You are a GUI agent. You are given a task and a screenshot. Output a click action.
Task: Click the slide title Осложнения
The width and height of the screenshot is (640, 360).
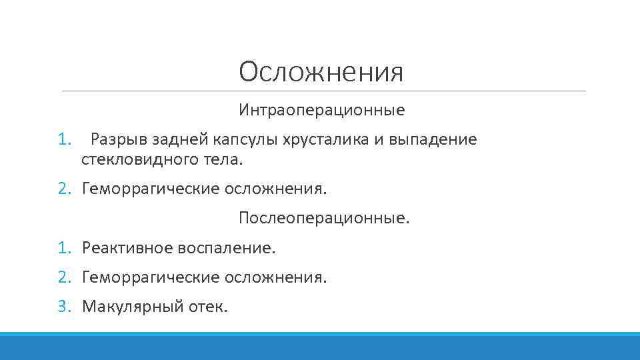coord(321,72)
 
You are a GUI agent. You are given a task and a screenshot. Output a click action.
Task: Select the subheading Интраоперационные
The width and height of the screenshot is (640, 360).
coord(321,109)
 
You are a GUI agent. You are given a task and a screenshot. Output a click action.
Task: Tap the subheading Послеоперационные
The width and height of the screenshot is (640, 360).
coord(325,218)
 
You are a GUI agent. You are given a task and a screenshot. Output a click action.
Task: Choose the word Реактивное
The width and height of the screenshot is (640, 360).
coord(127,248)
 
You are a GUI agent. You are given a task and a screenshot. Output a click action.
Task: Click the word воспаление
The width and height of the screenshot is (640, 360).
coord(226,248)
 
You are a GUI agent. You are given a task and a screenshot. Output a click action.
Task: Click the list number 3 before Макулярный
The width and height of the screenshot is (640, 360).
coord(63,307)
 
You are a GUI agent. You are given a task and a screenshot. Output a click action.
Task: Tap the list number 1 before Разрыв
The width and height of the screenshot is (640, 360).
coord(63,140)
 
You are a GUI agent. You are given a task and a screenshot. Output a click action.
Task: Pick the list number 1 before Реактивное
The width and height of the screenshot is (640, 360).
coord(63,248)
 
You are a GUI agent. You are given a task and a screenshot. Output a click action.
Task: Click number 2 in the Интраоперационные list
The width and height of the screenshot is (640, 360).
coord(63,189)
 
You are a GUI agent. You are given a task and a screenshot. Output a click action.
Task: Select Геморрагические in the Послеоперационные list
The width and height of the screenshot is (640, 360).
coord(151,277)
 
